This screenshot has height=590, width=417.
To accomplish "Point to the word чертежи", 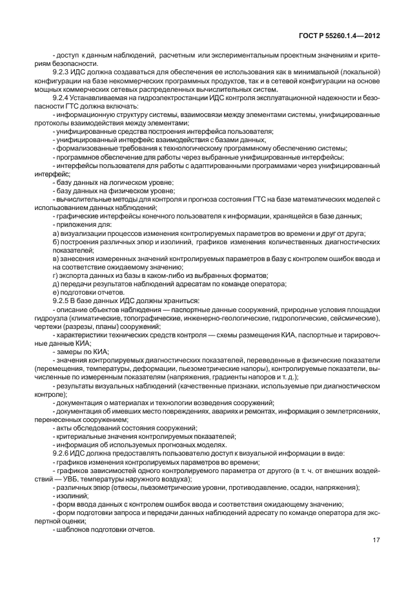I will click(66, 326).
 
